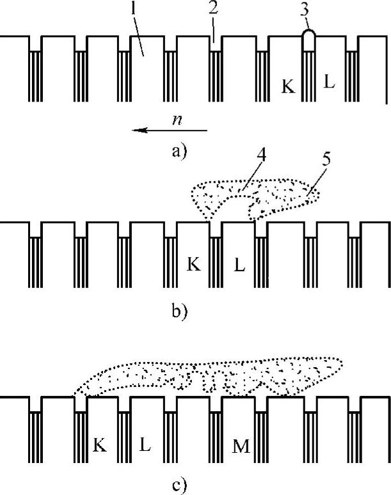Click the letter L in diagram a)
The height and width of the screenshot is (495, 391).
click(x=329, y=84)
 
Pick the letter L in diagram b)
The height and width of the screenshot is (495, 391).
click(x=239, y=265)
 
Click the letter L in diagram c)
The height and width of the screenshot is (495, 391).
click(x=145, y=444)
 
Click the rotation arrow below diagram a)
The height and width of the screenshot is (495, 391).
click(x=170, y=130)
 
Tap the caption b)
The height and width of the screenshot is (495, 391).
click(x=178, y=313)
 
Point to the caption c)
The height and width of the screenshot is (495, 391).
click(x=178, y=484)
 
